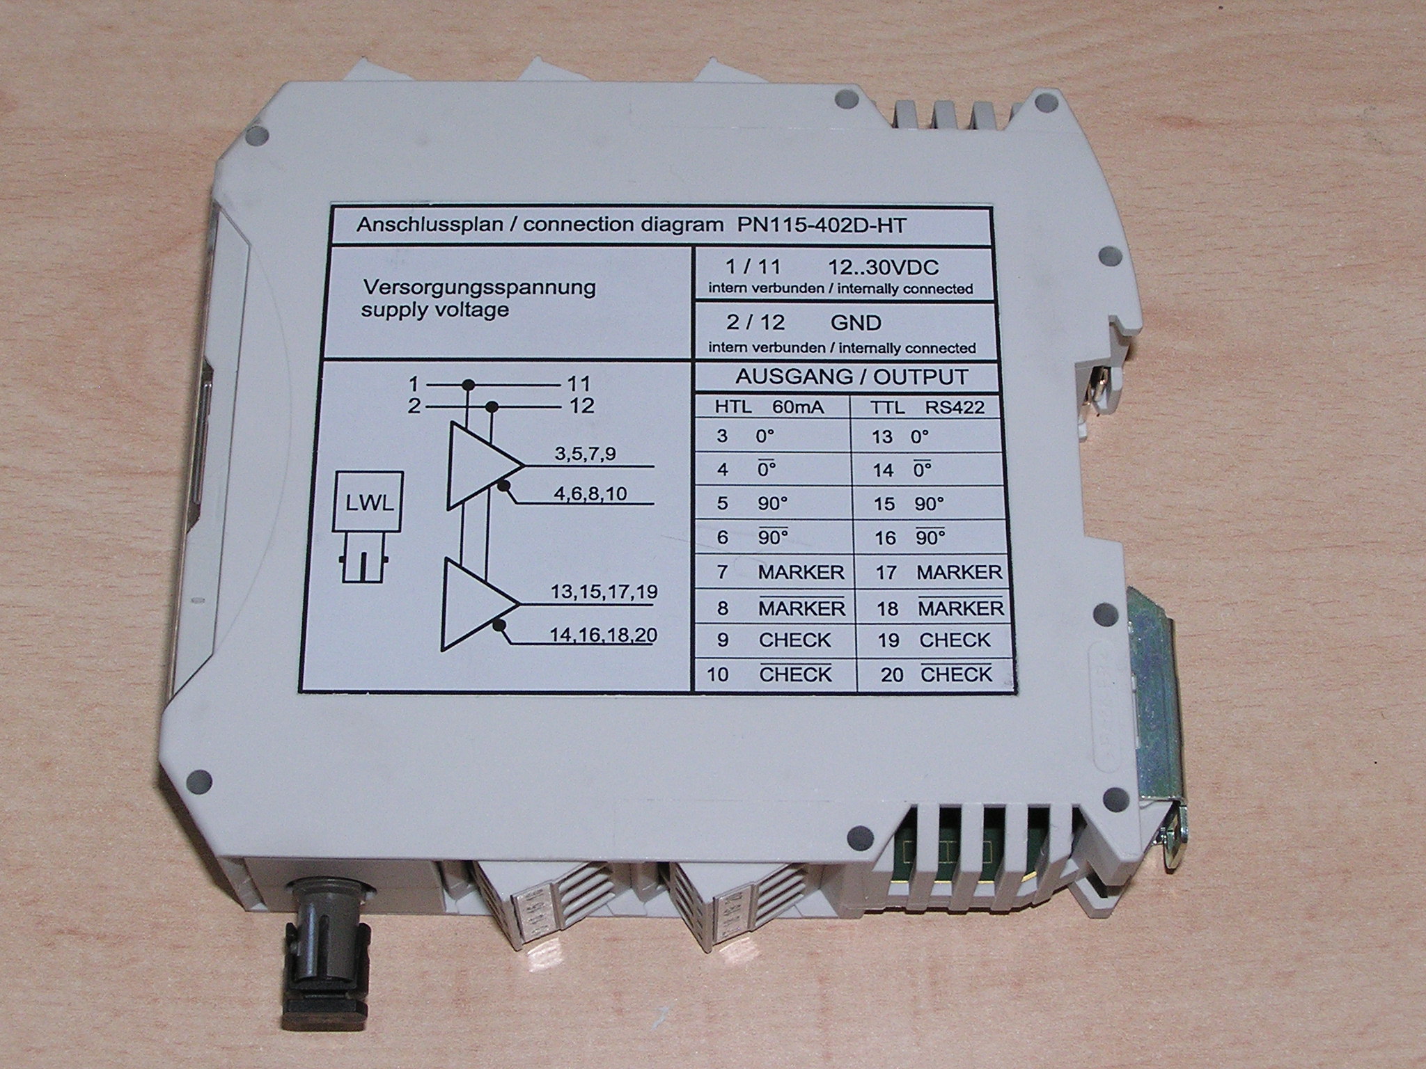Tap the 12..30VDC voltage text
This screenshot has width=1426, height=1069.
coord(883,267)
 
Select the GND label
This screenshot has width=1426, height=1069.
coord(856,323)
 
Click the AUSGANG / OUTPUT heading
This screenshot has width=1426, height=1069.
coord(852,378)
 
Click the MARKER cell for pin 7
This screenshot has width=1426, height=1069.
coord(801,572)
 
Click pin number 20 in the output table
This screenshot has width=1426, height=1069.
coord(892,674)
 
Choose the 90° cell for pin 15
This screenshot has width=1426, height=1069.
coord(929,504)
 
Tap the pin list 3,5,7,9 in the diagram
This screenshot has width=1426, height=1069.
coord(585,454)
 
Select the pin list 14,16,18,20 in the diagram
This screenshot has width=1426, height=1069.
coord(603,635)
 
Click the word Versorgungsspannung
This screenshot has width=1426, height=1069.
coord(478,288)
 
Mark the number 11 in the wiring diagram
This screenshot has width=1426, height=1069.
coord(578,383)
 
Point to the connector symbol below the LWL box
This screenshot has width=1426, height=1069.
coord(366,563)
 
